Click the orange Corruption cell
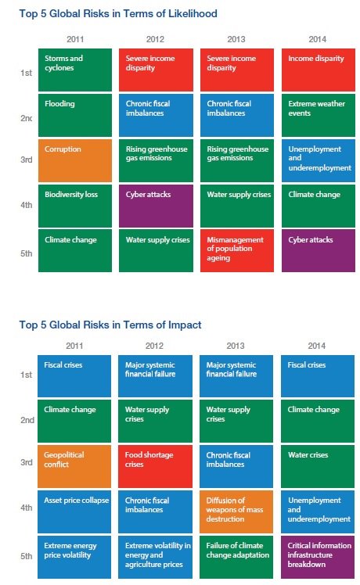click(x=75, y=160)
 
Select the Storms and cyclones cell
click(x=75, y=70)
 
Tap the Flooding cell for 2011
click(x=75, y=115)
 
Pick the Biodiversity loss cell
click(x=75, y=206)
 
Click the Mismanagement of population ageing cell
click(x=237, y=251)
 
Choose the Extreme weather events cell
click(x=319, y=115)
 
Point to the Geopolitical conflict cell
click(x=74, y=467)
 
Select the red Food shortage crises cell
click(x=156, y=467)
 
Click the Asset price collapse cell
click(x=74, y=511)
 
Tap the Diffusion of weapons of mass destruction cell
click(x=236, y=511)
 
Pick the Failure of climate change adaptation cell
click(x=236, y=557)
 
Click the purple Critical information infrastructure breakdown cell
click(x=318, y=557)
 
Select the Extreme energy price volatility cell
click(x=74, y=557)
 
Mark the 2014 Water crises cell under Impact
click(x=318, y=467)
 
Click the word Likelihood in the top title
click(x=193, y=14)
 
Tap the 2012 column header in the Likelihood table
click(x=156, y=39)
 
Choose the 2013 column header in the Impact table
click(x=236, y=346)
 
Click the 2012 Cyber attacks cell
click(x=156, y=206)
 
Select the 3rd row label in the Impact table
click(x=27, y=462)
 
